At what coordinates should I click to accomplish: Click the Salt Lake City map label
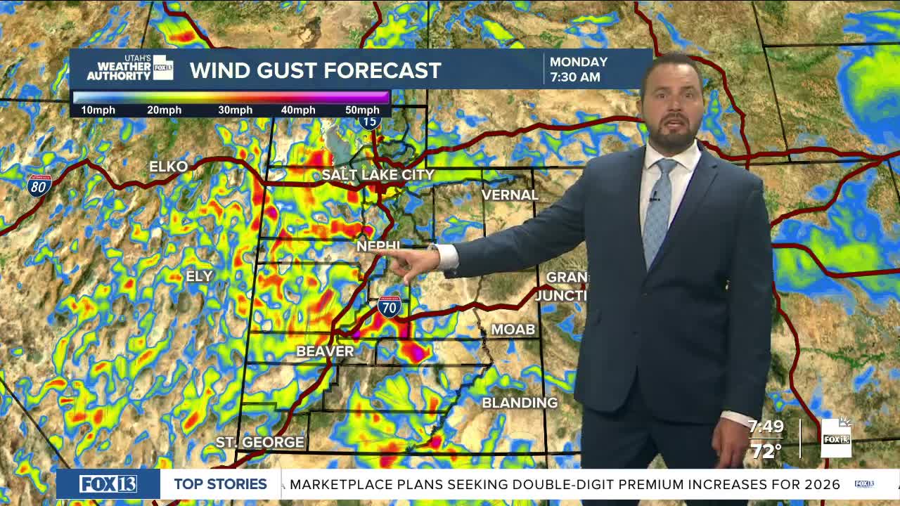(378, 174)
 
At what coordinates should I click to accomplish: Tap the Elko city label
(169, 167)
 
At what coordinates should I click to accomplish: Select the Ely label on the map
(199, 276)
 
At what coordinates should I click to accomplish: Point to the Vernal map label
(510, 195)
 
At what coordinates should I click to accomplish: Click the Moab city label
(513, 329)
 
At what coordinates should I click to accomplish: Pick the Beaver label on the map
(325, 351)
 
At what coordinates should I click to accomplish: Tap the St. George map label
(260, 442)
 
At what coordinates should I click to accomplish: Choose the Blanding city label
(520, 403)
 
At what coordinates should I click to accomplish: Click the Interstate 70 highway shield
(389, 306)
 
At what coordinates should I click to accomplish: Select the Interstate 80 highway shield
(39, 185)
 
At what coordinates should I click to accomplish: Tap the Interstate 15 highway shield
(369, 121)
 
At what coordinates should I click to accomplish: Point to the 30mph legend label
(235, 110)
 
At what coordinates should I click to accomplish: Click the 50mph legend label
(362, 110)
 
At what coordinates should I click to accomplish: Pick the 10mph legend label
(98, 110)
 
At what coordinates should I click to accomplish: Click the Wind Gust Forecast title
(315, 70)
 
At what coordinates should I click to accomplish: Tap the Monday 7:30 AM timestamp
(578, 69)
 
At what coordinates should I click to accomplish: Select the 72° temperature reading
(766, 450)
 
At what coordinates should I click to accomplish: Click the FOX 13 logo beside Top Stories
(108, 484)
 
